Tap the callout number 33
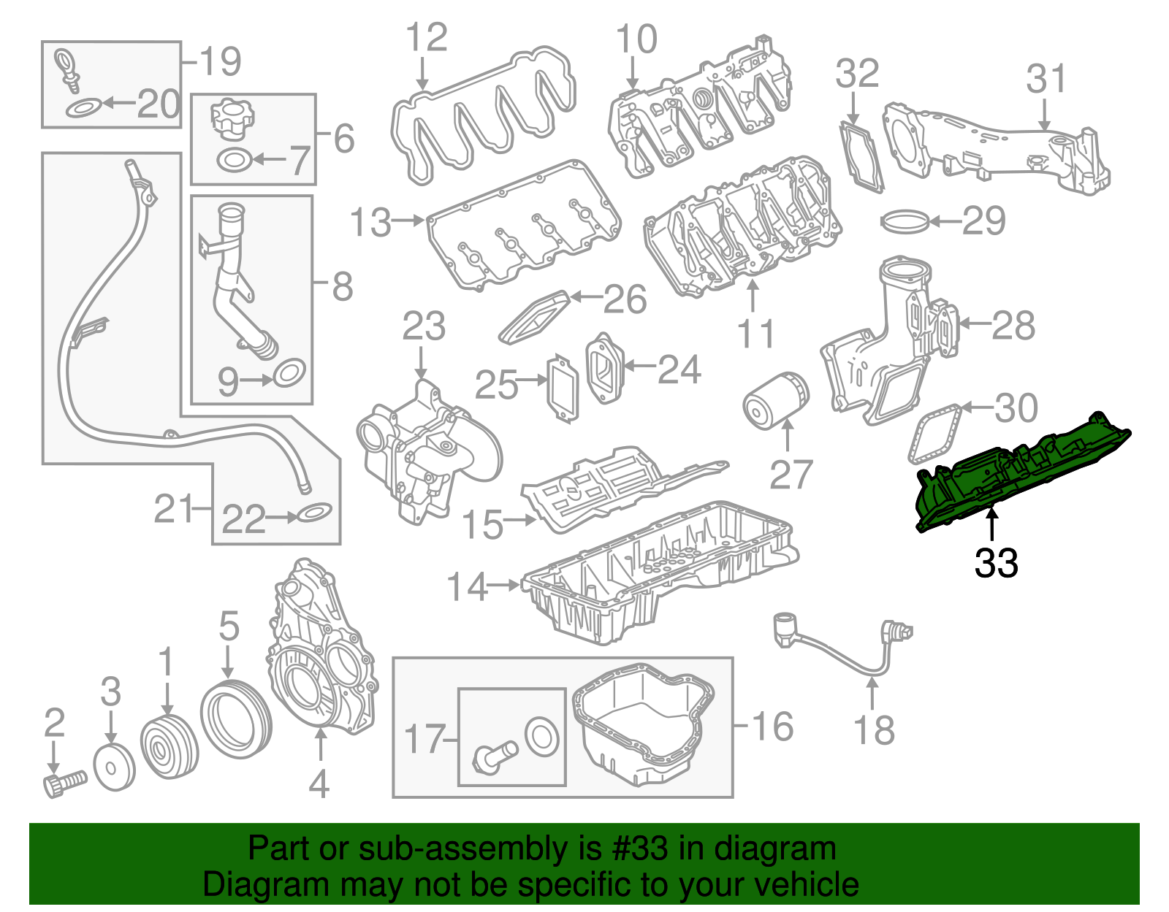coord(996,563)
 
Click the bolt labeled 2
coord(64,783)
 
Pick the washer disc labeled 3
coord(115,767)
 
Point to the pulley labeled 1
coord(170,748)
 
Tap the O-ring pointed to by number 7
coord(235,158)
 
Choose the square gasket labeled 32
coord(861,156)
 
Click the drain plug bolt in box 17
coord(495,756)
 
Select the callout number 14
coord(466,586)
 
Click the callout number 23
coord(424,326)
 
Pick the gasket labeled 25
coord(563,388)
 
